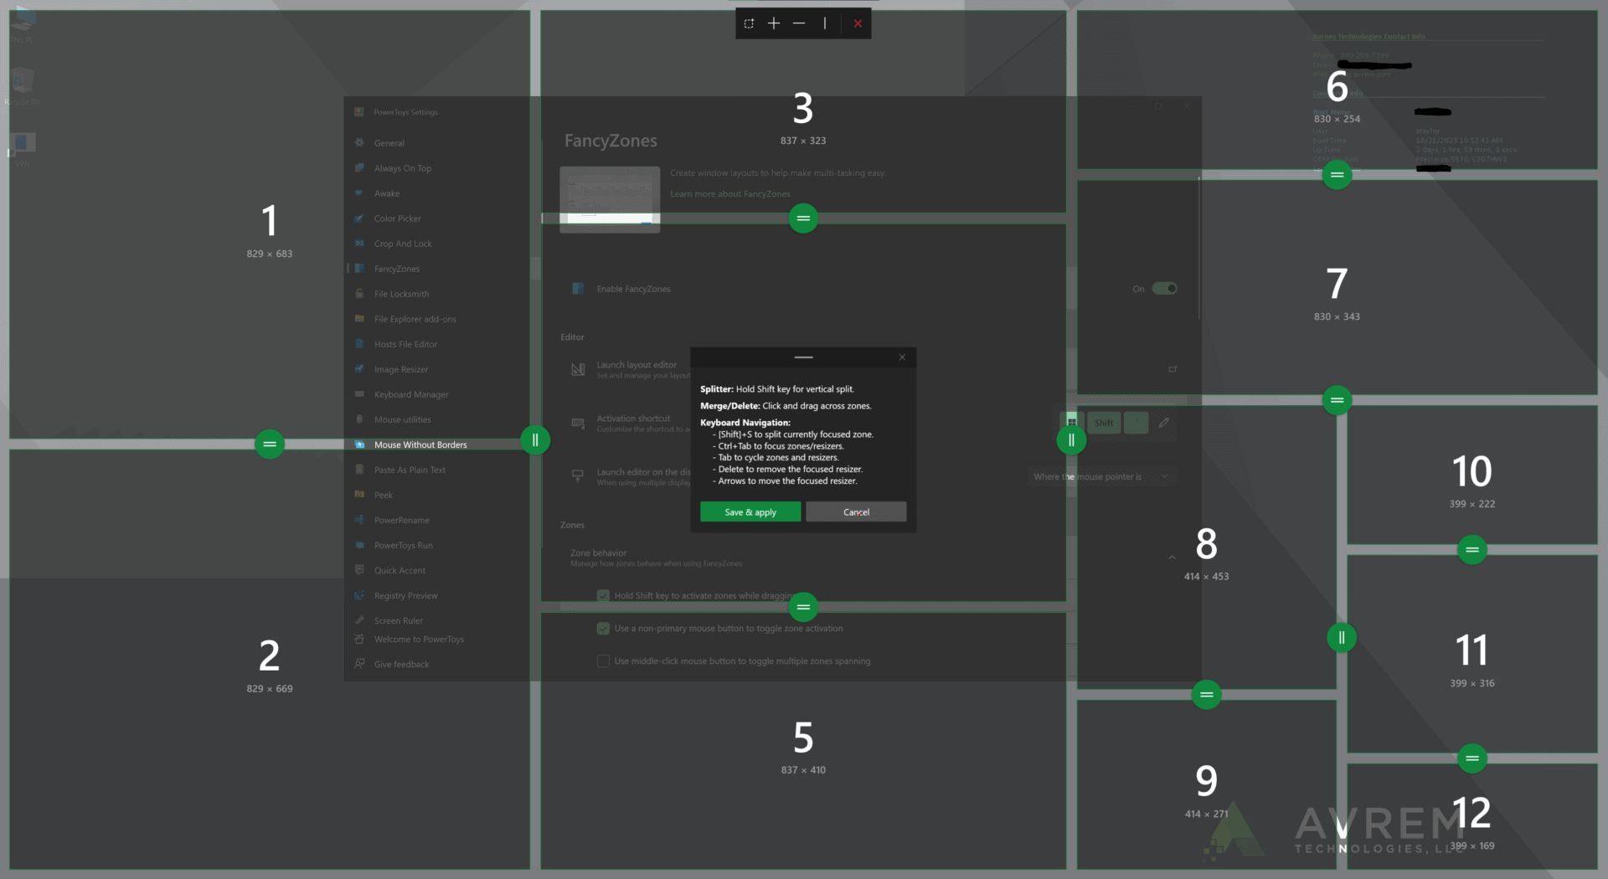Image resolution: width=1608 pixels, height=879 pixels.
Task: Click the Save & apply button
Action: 750,512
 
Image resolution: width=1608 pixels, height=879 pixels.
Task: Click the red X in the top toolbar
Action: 858,23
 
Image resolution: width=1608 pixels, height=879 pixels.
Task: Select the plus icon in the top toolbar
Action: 774,23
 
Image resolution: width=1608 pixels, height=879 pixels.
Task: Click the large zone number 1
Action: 269,221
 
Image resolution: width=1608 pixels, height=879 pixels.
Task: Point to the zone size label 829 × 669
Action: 270,689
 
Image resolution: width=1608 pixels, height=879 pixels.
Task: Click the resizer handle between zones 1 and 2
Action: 270,445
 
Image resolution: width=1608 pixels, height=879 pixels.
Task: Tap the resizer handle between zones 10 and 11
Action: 1471,550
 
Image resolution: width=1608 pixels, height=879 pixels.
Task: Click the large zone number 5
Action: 803,738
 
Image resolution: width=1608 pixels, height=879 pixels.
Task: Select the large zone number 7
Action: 1337,284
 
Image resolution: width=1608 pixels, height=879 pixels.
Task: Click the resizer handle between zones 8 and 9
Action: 1206,694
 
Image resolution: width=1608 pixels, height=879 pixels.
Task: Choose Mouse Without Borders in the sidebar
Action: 420,445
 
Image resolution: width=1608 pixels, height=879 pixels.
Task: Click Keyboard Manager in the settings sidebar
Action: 411,394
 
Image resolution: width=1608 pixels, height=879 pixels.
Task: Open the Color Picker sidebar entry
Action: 398,218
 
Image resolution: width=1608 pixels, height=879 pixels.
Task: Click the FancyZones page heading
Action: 611,141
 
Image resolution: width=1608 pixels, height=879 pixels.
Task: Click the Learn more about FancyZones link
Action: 729,194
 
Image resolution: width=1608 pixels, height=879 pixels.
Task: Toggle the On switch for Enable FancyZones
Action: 1164,289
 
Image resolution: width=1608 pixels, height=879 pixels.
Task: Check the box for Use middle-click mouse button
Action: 603,661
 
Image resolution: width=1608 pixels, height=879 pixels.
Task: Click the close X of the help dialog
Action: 902,357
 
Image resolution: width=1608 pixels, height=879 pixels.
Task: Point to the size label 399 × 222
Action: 1471,504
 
